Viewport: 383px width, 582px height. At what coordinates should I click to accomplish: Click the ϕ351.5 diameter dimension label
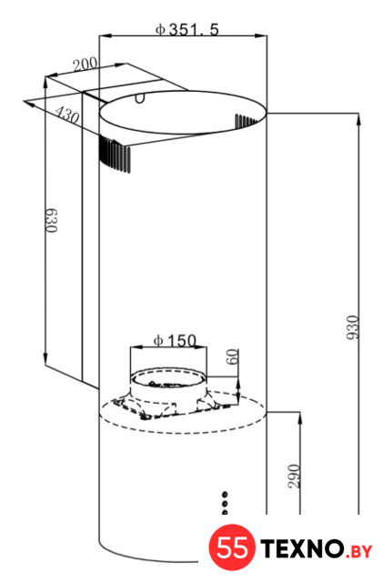point(187,29)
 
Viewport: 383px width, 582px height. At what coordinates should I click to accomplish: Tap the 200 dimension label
point(86,65)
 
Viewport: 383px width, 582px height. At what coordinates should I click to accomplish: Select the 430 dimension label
point(67,115)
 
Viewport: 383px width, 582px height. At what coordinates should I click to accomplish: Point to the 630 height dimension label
point(52,220)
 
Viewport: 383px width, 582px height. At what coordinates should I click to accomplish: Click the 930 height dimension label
point(353,327)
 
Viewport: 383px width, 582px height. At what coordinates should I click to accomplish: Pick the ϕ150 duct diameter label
point(175,340)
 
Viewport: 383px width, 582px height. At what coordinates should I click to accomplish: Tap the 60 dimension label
point(232,357)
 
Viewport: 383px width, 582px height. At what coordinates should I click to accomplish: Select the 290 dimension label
point(294,477)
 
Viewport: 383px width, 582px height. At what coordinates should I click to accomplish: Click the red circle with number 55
point(232,547)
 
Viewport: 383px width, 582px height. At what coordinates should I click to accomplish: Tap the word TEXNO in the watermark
point(302,549)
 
